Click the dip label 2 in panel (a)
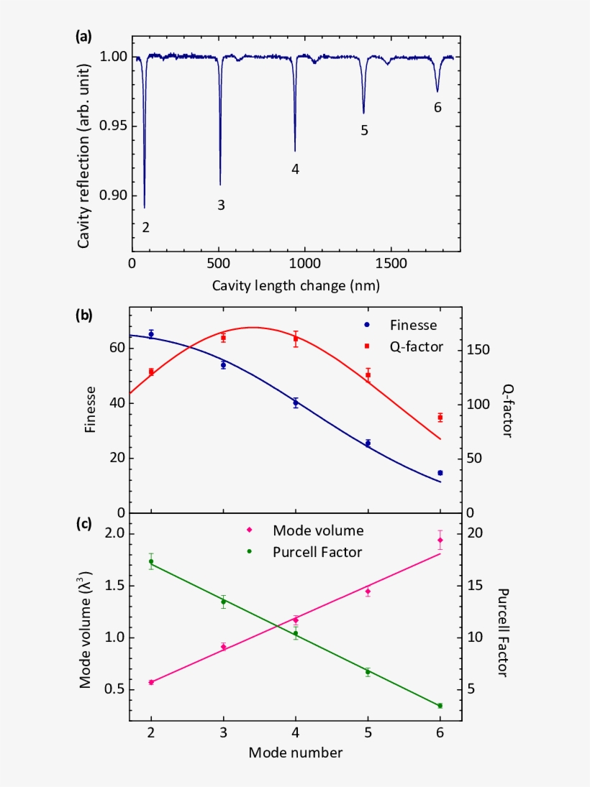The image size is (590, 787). [x=146, y=228]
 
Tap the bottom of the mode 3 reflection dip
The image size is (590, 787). [x=220, y=184]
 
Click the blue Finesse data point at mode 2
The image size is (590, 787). [x=151, y=334]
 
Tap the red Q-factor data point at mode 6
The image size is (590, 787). [x=440, y=418]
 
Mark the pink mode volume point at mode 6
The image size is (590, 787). [x=440, y=540]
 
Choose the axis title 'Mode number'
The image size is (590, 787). [x=296, y=753]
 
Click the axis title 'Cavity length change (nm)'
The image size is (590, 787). [x=296, y=285]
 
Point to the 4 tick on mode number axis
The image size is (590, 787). [x=296, y=733]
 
